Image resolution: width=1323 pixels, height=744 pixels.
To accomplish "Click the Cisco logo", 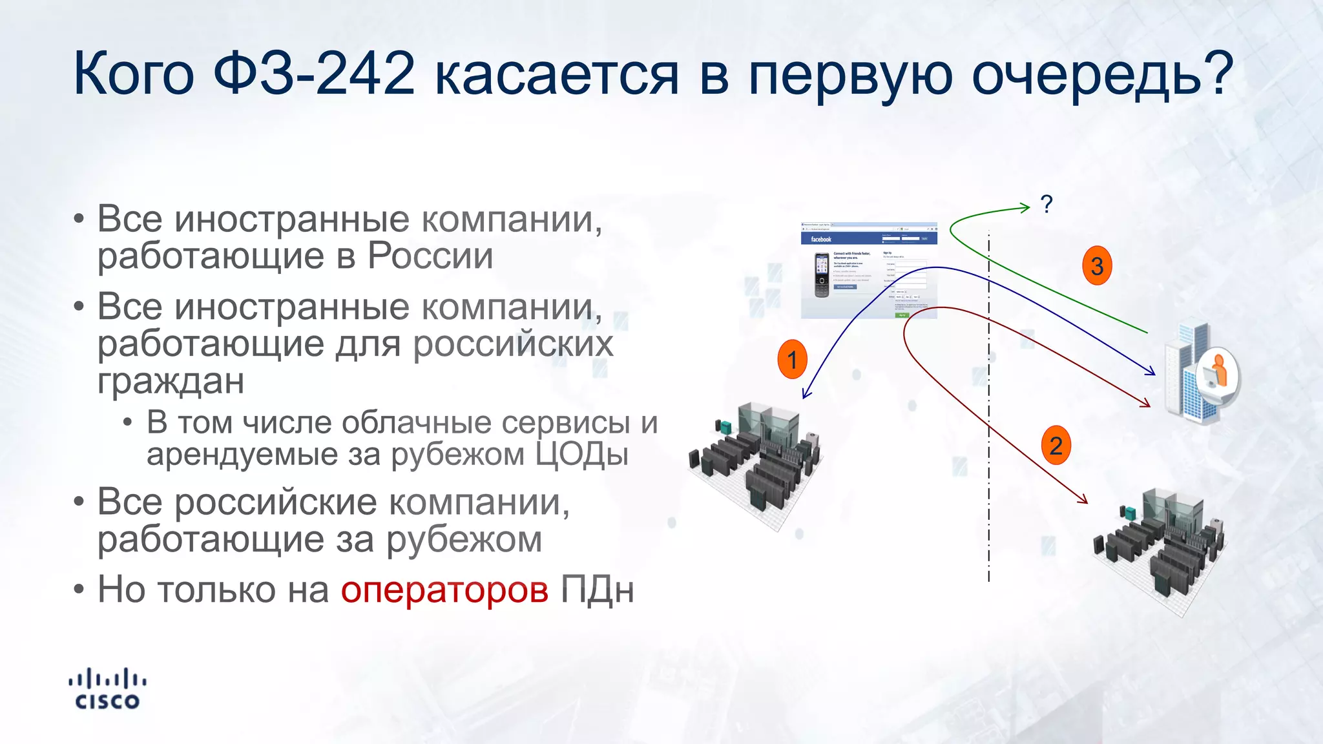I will coord(107,689).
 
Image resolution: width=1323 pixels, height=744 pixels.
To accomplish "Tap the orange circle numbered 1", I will coord(792,359).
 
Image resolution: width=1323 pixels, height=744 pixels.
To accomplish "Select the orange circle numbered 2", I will coord(1056,446).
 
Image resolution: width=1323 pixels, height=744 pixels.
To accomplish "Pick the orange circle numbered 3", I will coord(1097,265).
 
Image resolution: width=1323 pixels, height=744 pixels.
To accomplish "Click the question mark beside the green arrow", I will coord(1047,204).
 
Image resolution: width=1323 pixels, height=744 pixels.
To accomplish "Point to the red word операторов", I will coord(444,589).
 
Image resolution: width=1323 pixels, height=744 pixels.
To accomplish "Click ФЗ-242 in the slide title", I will coord(314,74).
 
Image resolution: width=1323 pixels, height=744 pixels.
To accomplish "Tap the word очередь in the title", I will coord(1101,74).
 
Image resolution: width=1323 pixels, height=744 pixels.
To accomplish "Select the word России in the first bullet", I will coord(430,256).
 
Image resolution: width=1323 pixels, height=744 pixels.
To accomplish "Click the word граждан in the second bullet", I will coord(171,380).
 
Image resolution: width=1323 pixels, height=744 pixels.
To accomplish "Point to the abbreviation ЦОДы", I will coord(581,454).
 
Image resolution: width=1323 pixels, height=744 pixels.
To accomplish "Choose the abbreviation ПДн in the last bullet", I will coord(597,589).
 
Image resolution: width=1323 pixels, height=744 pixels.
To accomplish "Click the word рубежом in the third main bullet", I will coord(464,539).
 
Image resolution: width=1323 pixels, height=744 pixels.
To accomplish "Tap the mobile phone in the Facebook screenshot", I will coord(821,275).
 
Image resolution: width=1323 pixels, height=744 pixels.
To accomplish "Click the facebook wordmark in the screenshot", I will coord(821,239).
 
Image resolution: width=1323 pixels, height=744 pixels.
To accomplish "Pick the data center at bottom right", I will coord(1160,549).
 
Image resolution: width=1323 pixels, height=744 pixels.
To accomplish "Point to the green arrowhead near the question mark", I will coord(1025,207).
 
